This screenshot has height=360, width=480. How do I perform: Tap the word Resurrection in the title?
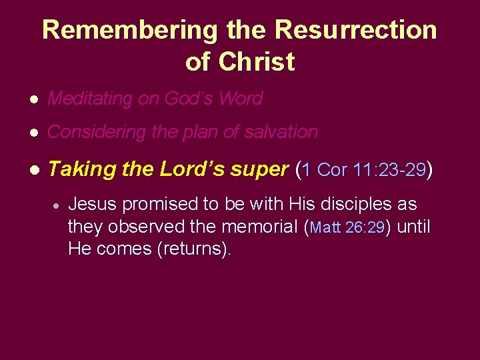point(355,30)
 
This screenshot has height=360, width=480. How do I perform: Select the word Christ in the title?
point(257,62)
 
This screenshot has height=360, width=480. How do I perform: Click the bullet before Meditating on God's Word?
point(33,99)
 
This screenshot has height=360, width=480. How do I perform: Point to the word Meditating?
point(90,99)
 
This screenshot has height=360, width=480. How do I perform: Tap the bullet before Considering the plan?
point(33,133)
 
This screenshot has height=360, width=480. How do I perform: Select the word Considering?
point(97,133)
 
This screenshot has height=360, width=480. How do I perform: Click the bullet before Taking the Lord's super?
point(33,171)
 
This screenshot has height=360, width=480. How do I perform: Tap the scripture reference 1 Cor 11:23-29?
point(363,170)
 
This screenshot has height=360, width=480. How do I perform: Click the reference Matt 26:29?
point(347,228)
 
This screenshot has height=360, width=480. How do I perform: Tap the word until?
point(413,227)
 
